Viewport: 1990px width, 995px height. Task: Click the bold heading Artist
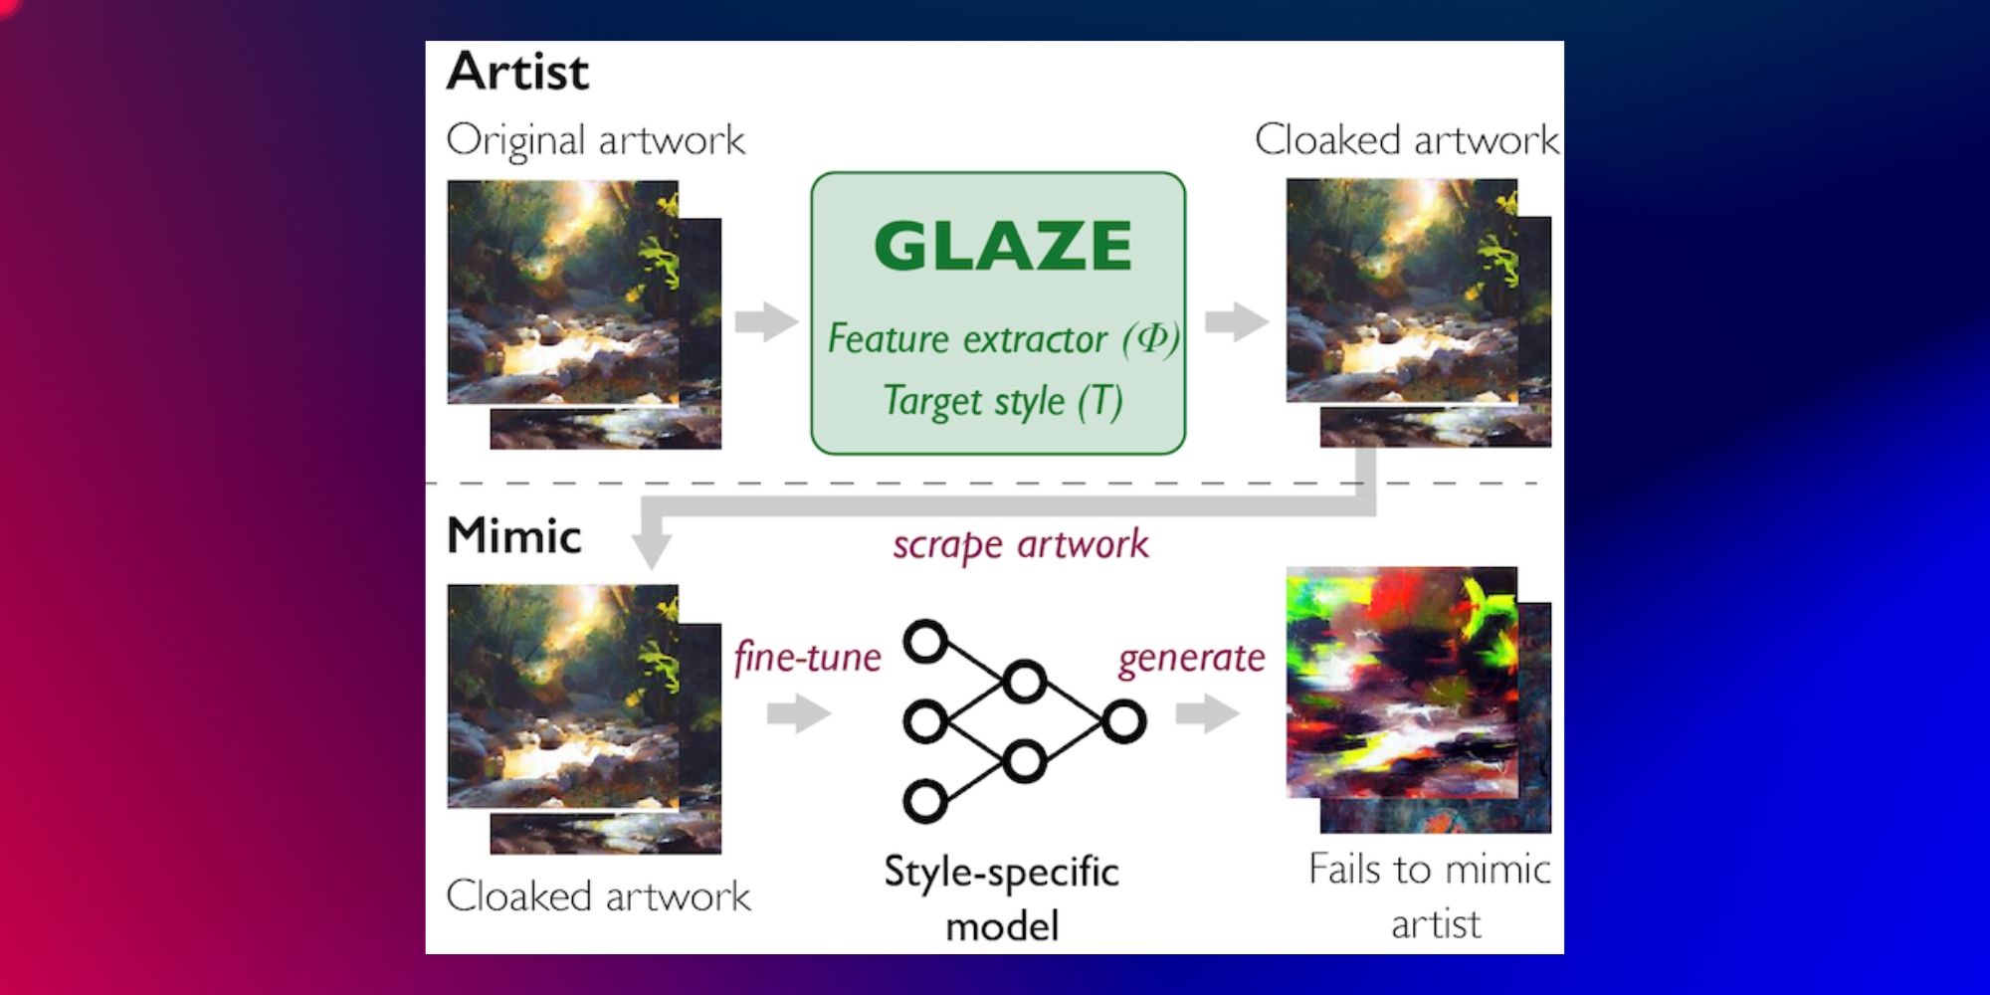pos(517,72)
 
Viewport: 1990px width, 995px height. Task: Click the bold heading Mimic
pos(513,535)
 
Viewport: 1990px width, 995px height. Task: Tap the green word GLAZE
pos(1002,246)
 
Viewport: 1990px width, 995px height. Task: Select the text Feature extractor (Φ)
pos(1003,339)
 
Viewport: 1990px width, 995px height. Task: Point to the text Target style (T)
pos(1003,401)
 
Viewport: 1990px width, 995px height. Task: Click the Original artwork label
pos(595,140)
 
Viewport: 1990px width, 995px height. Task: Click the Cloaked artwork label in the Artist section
pos(1406,140)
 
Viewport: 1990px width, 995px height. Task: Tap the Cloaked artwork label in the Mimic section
pos(598,895)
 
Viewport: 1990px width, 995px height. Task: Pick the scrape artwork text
pos(1020,544)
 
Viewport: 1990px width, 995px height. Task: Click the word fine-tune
pos(807,658)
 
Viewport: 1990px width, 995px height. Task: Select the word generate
pos(1191,658)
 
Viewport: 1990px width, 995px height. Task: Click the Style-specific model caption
pos(1001,897)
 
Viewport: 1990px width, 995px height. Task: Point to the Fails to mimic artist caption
pos(1430,895)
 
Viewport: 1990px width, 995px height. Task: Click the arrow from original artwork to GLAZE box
pos(766,321)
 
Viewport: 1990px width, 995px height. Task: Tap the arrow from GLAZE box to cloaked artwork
pos(1237,321)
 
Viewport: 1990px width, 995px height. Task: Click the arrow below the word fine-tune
pos(799,712)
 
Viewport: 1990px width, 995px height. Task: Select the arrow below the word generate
pos(1207,712)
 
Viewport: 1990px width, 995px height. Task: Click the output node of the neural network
pos(1124,721)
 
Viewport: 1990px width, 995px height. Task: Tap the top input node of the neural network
pos(925,642)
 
